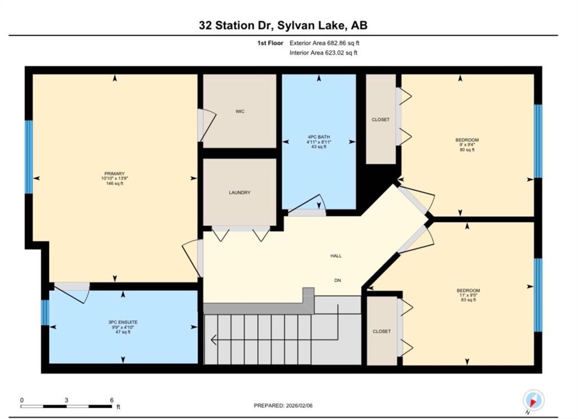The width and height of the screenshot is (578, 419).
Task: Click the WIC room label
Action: coord(240,111)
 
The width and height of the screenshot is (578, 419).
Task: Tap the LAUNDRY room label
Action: coord(239,193)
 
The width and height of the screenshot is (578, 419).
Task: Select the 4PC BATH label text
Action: coord(319,137)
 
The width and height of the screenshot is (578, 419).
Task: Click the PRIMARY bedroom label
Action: coord(115,174)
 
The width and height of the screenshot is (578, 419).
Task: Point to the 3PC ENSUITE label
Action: coord(122,322)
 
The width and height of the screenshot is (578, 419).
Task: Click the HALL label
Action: coord(336,256)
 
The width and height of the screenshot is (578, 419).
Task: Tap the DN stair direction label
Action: coord(338,280)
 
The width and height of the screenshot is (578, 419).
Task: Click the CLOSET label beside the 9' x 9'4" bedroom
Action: coord(380,120)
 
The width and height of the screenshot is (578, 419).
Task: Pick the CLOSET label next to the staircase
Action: coord(382,331)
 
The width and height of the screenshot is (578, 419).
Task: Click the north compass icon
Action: coord(533,400)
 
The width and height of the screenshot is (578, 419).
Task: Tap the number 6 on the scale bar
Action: coord(111,400)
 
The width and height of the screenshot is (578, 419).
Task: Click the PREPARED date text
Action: coord(283,405)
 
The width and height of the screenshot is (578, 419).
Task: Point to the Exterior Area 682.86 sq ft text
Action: coord(325,43)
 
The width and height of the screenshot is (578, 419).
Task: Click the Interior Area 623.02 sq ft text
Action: coord(323,53)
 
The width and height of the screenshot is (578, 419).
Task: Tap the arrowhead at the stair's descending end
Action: coord(213,340)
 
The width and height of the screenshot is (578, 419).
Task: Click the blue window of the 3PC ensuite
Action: coord(45,312)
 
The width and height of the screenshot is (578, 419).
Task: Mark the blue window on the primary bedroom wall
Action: coord(29,157)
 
